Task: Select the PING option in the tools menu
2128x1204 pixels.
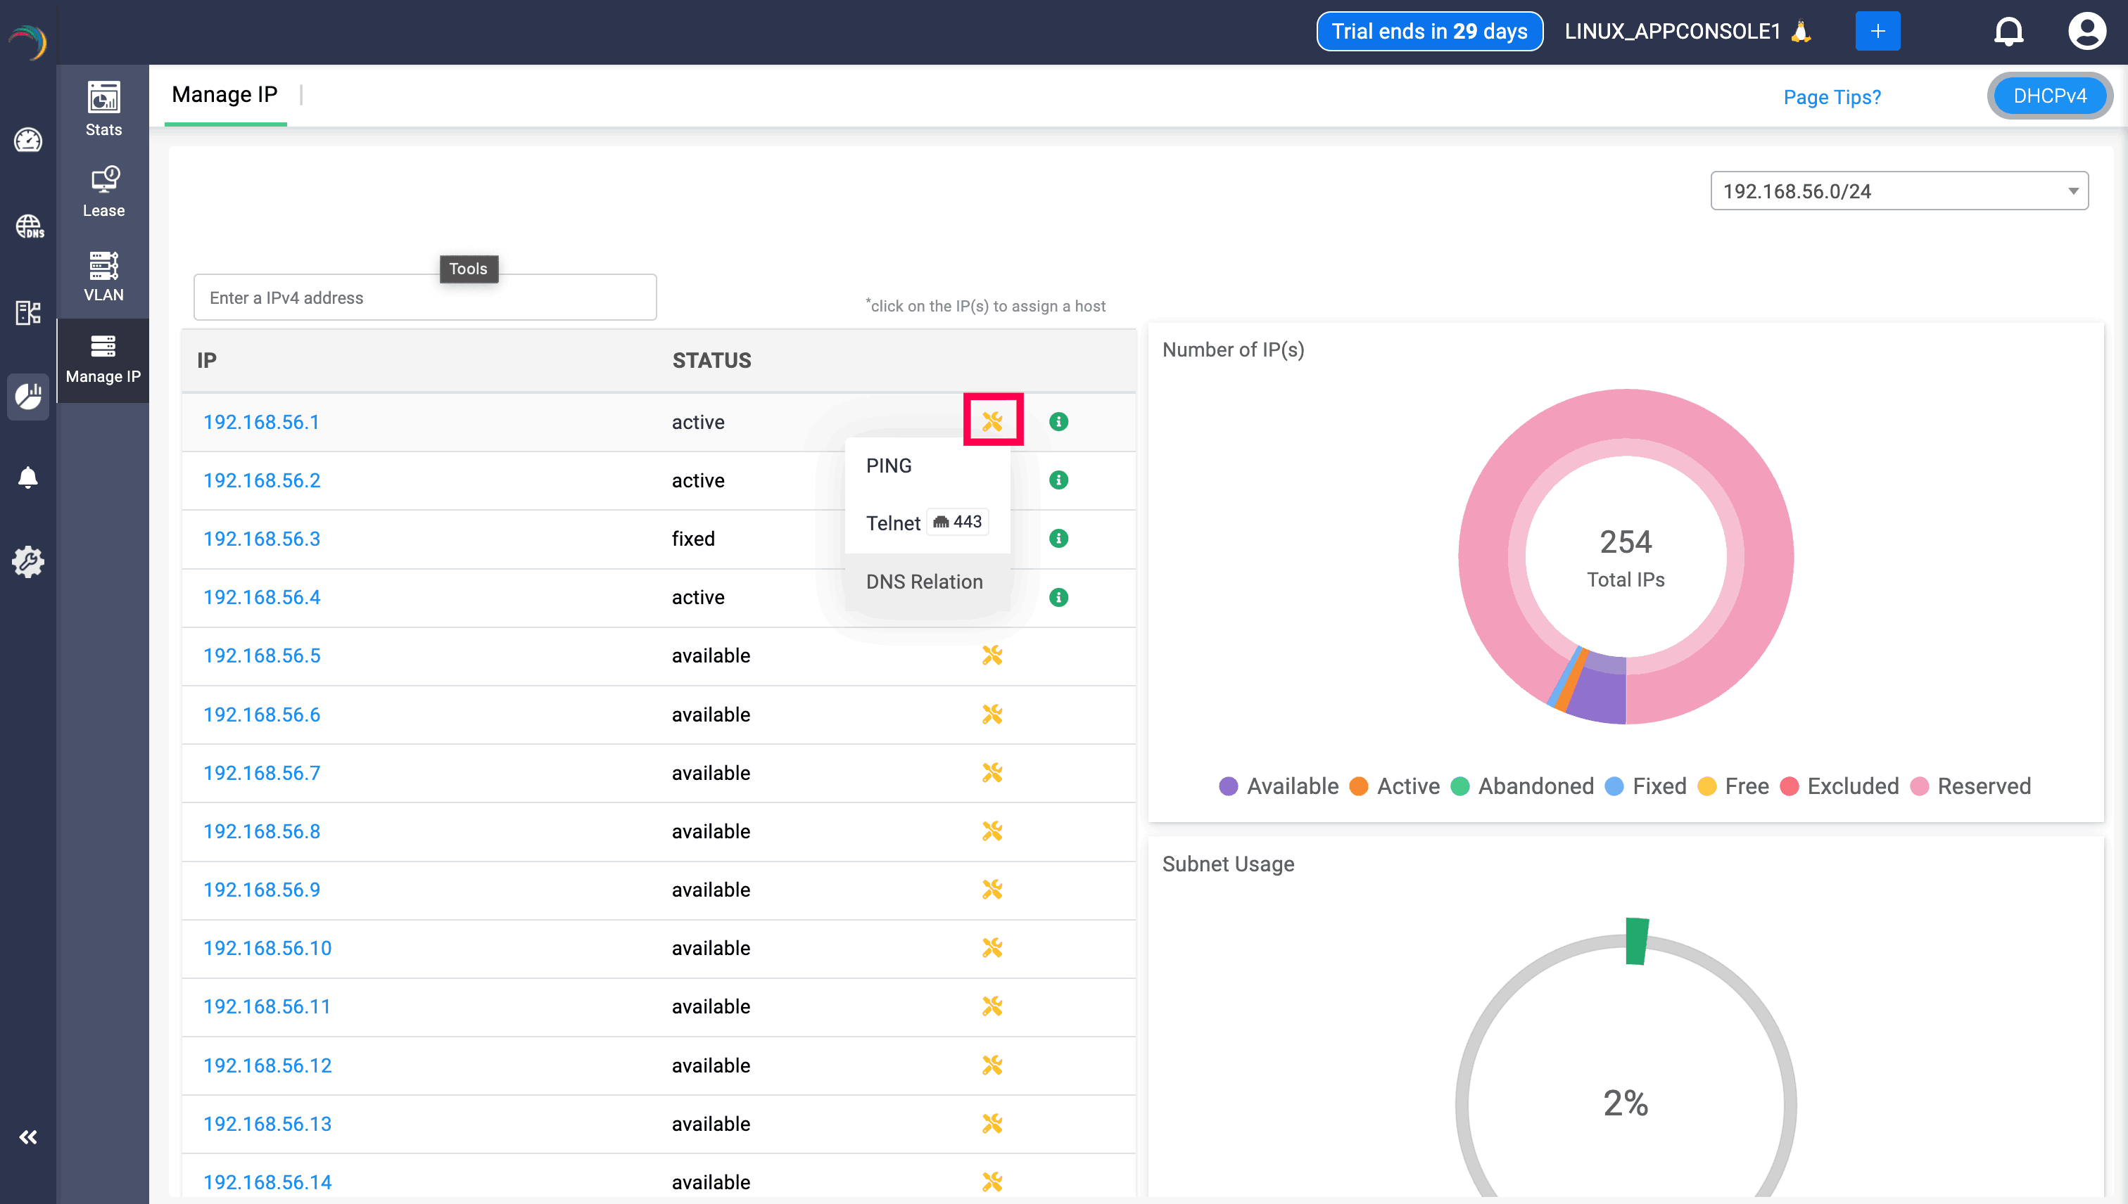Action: click(x=889, y=466)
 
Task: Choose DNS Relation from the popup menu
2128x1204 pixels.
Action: click(x=924, y=582)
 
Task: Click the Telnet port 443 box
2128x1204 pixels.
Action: click(x=958, y=522)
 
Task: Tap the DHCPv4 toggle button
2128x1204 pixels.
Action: click(x=2049, y=96)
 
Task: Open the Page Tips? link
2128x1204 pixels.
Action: click(x=1832, y=97)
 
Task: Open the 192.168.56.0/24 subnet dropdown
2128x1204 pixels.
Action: click(x=1898, y=191)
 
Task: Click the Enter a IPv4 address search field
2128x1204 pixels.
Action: click(x=424, y=297)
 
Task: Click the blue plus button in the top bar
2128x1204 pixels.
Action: click(x=1877, y=32)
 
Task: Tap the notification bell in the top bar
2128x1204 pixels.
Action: click(x=2008, y=32)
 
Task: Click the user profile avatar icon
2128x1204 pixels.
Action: click(x=2086, y=32)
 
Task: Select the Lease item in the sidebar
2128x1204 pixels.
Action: click(x=103, y=192)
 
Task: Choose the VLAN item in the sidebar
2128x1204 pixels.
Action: click(x=103, y=276)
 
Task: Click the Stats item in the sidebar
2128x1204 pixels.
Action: click(x=103, y=109)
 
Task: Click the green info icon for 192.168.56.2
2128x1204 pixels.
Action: click(x=1058, y=480)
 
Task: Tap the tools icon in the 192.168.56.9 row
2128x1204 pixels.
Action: click(x=992, y=889)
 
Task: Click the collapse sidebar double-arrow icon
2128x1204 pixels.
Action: click(x=28, y=1137)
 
